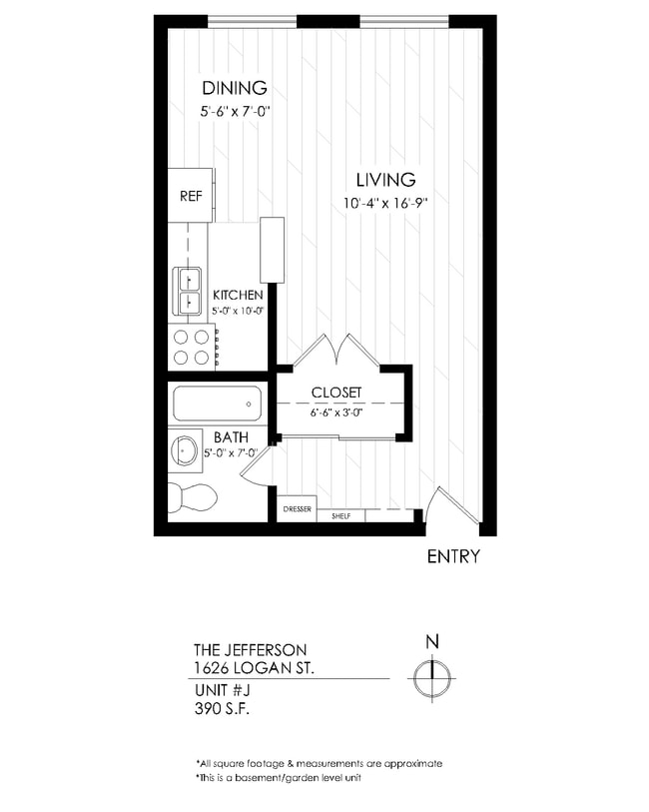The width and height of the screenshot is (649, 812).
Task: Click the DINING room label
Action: (x=235, y=87)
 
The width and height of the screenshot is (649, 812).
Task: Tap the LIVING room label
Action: (x=385, y=180)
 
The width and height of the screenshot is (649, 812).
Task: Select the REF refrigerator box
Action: (x=190, y=196)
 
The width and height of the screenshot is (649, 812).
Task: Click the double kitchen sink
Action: (x=187, y=290)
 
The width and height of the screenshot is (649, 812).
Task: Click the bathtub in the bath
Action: (x=217, y=405)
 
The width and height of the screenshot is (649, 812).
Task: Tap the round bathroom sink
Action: (x=186, y=449)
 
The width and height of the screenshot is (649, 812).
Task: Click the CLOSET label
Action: (x=335, y=393)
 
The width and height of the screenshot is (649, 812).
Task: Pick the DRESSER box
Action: (x=297, y=509)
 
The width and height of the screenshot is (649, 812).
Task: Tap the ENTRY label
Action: (x=453, y=556)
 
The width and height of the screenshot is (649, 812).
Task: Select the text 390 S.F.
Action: (x=222, y=710)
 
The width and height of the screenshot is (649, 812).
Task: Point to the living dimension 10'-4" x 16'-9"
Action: (x=385, y=205)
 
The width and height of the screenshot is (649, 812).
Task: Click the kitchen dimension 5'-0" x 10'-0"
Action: (x=238, y=312)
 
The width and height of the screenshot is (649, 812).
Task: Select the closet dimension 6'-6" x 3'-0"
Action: (x=335, y=411)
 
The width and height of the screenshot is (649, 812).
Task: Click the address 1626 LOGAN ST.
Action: (x=254, y=666)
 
